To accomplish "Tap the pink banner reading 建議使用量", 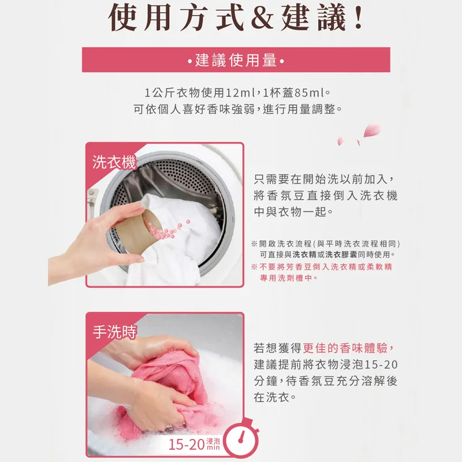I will coord(236,60).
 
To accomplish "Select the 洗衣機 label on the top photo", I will coord(114,162).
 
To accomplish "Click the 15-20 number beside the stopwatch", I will coord(187,445).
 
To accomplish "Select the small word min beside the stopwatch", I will coord(213,448).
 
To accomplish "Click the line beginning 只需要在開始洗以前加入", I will coord(325,179).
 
